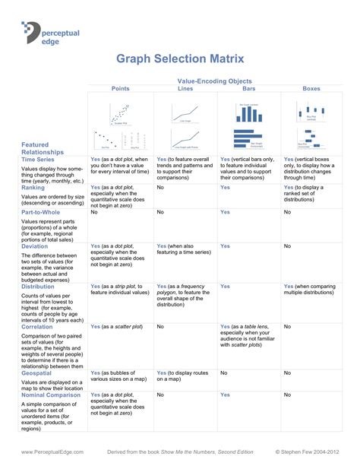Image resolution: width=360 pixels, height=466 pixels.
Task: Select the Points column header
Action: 120,88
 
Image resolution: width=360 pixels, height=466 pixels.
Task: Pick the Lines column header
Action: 185,88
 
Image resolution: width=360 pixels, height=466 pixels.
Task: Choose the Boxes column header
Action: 311,88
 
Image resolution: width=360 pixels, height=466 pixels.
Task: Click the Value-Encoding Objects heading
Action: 214,81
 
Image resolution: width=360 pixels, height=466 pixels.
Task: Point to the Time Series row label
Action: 38,160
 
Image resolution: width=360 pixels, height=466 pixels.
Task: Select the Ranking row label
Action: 34,187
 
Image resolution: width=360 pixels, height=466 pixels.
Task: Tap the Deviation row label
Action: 36,246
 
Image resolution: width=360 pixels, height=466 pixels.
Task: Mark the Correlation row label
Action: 39,326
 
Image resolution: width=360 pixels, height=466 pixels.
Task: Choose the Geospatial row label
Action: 38,373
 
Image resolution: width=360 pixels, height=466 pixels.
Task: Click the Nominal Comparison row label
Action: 52,395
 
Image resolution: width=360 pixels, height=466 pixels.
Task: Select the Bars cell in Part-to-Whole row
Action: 225,212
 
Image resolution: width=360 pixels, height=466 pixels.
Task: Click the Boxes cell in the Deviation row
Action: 287,246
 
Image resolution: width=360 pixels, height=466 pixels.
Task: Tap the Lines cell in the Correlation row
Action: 160,326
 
